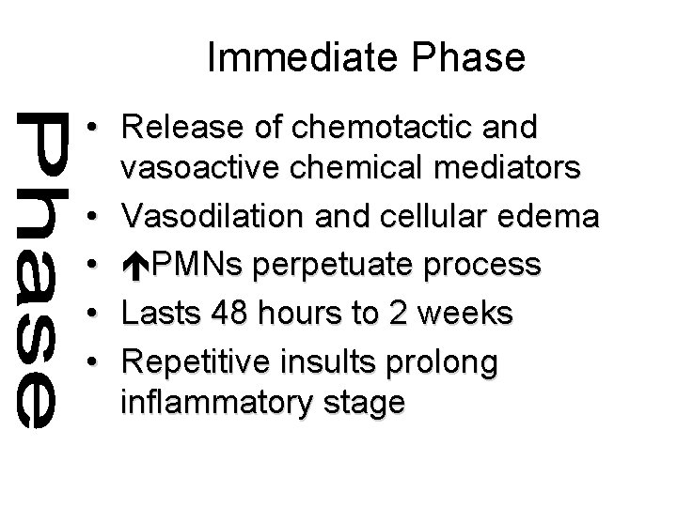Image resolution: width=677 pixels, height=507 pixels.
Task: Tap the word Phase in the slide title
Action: (471, 58)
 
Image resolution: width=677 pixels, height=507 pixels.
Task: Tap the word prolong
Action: (458, 359)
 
